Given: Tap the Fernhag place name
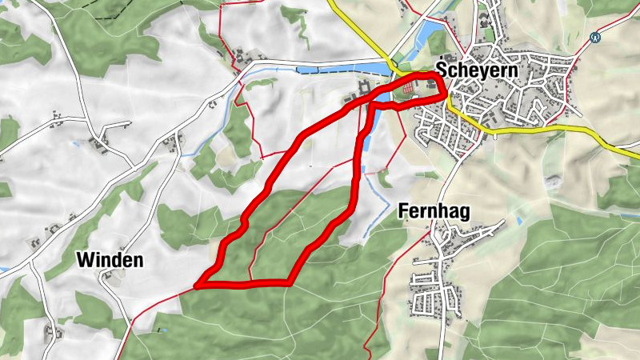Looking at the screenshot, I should point(432,211).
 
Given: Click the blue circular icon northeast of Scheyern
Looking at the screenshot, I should point(594,37).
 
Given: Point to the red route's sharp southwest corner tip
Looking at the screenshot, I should point(197,284).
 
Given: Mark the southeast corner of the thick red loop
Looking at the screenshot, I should point(289,282).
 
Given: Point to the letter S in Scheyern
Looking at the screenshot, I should point(442,70).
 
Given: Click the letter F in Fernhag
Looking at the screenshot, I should point(402,211).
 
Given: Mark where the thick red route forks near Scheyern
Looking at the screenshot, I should point(370,102).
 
